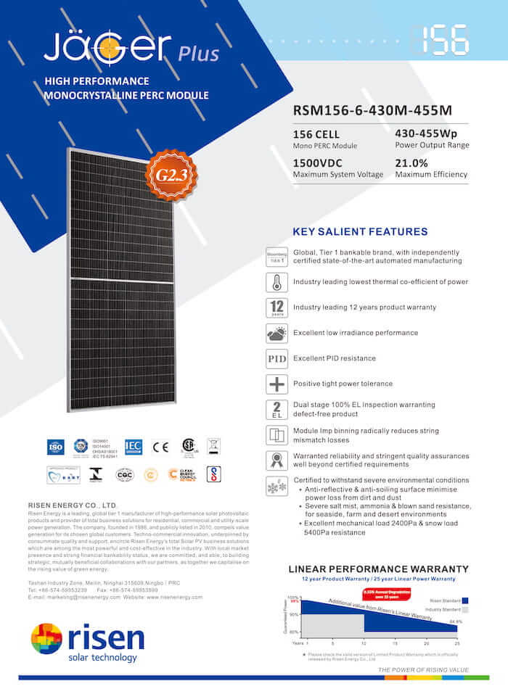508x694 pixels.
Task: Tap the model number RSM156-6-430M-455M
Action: (x=372, y=111)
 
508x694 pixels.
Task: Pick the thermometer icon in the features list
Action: (x=276, y=282)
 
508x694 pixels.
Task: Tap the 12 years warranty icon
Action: (x=276, y=308)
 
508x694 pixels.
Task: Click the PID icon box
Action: (x=276, y=359)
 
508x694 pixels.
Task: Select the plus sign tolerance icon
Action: (x=276, y=384)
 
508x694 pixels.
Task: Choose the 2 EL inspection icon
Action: (x=276, y=410)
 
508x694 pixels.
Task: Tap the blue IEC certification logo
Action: (x=134, y=447)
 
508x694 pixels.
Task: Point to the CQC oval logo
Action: (x=125, y=474)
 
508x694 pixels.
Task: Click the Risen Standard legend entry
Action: (x=446, y=600)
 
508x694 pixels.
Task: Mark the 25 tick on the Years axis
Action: (x=456, y=643)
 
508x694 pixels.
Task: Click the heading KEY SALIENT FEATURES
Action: (x=359, y=232)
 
